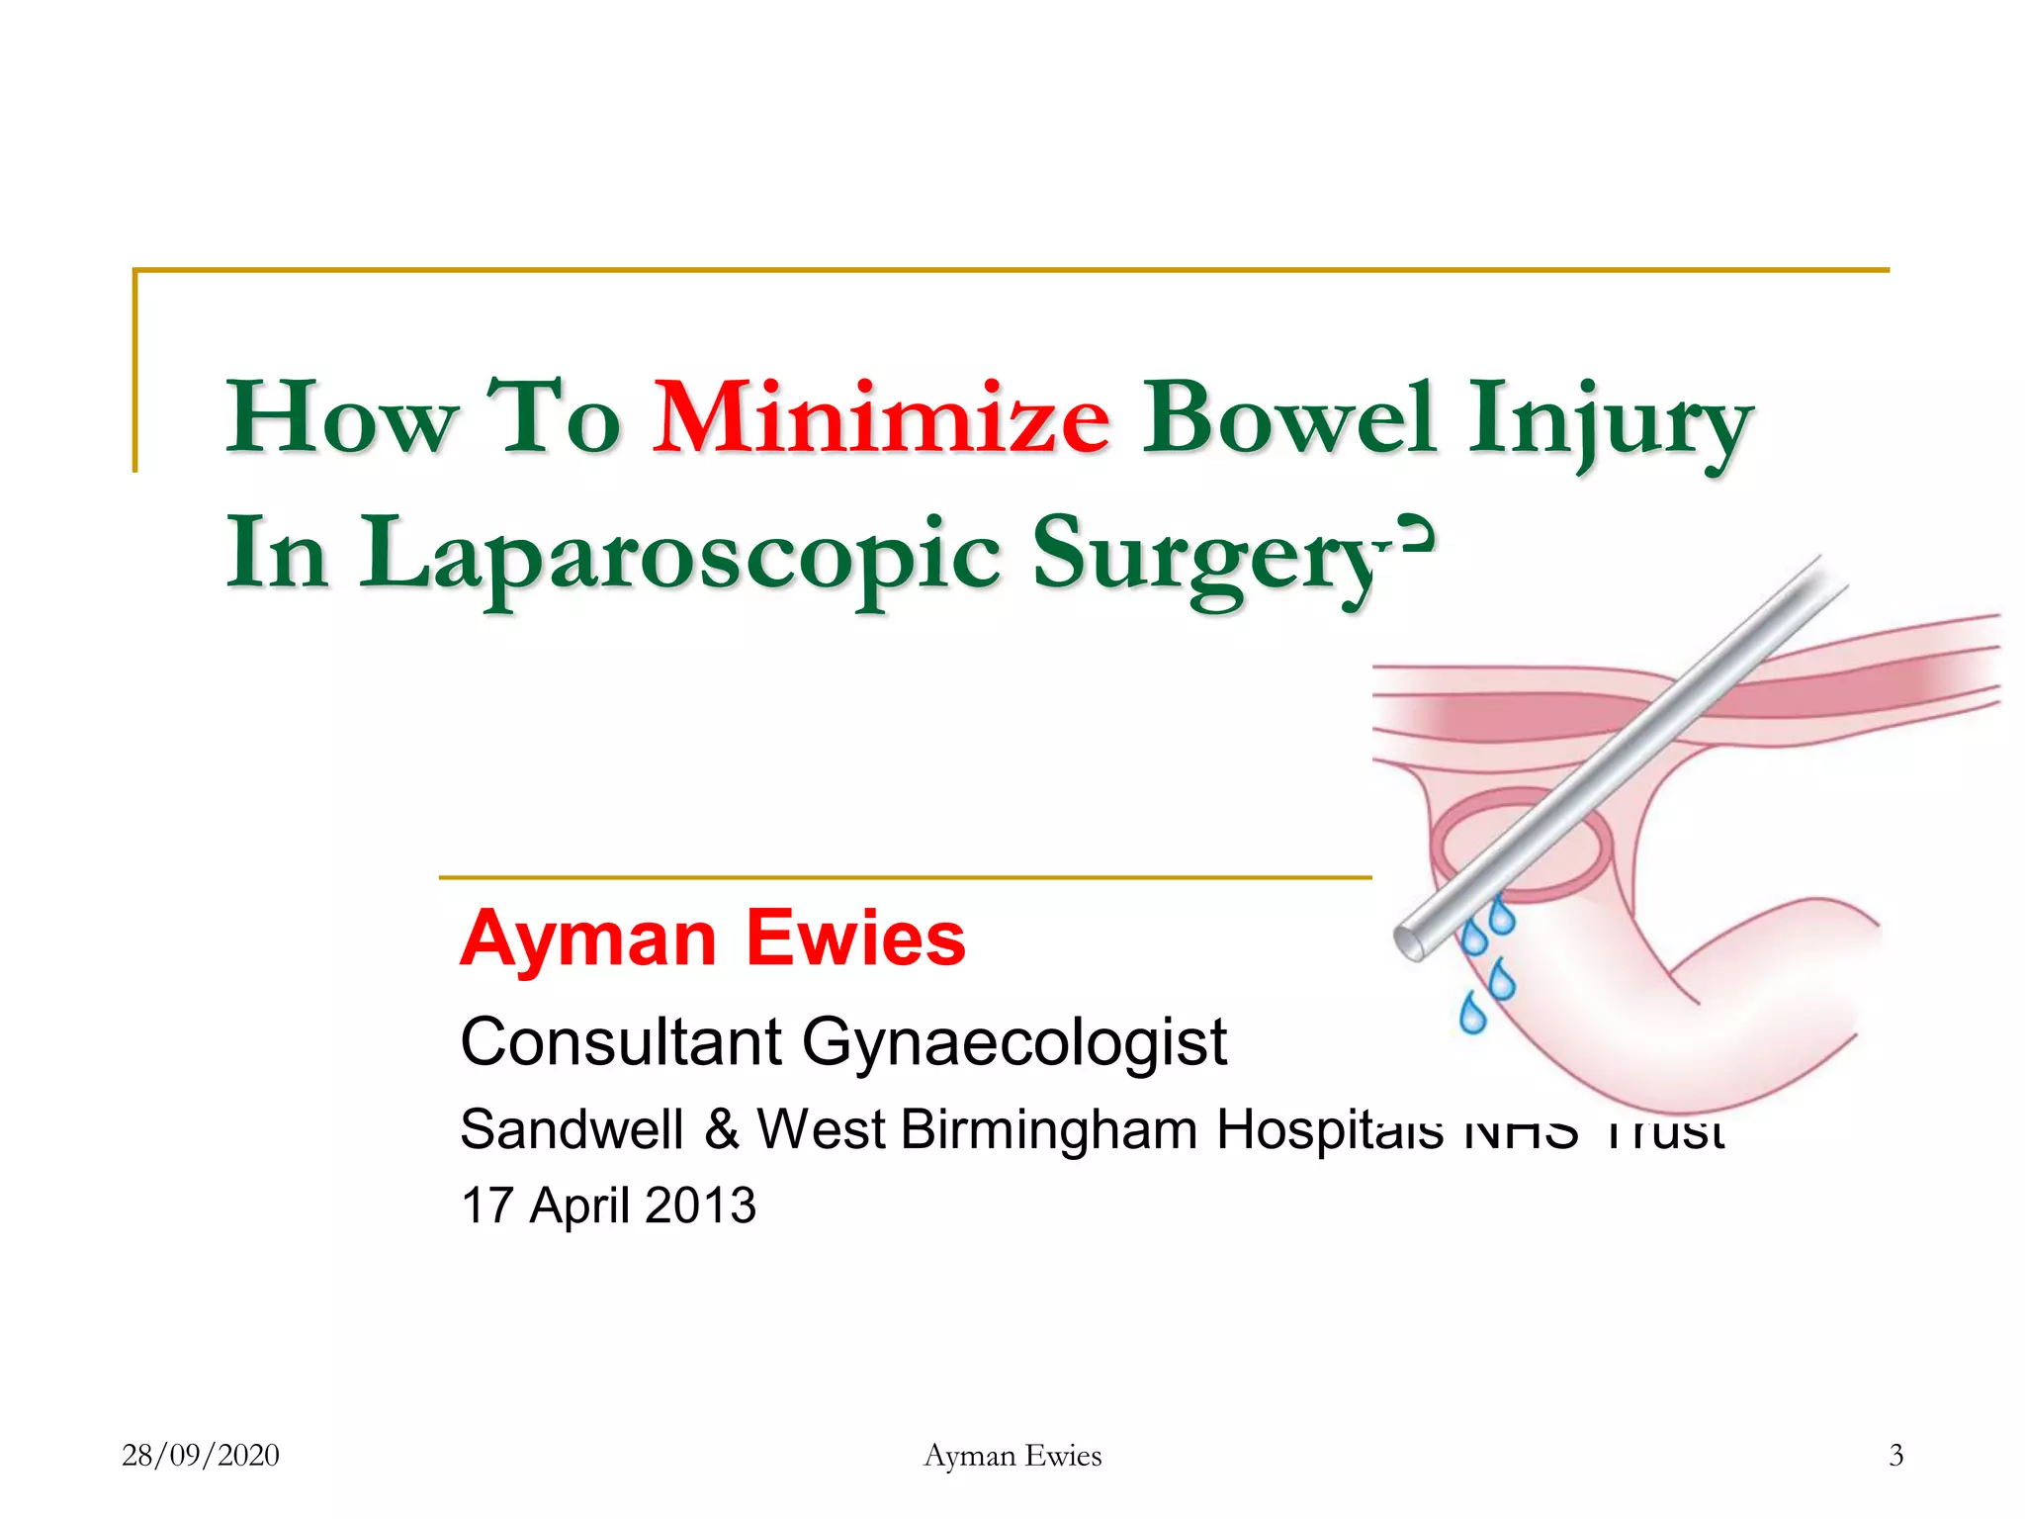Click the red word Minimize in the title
880,419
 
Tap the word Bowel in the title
1288,419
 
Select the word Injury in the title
1610,423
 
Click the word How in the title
341,419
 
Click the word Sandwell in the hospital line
572,1129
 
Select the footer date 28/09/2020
201,1456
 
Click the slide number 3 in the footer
1895,1456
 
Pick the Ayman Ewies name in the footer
1012,1456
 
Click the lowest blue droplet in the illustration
1472,1015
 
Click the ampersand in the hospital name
722,1129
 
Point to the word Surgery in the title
1206,558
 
